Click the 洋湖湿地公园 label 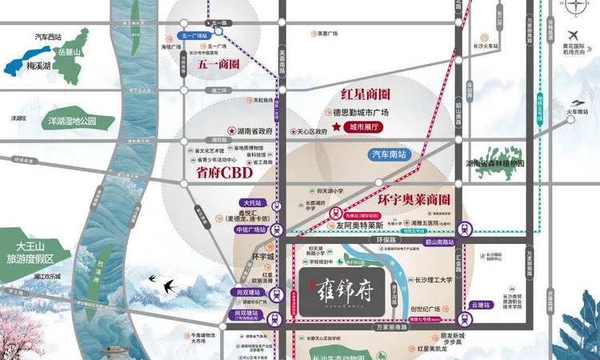coord(71,122)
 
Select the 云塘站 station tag coord(479,305)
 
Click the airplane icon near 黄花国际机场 coord(574,34)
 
